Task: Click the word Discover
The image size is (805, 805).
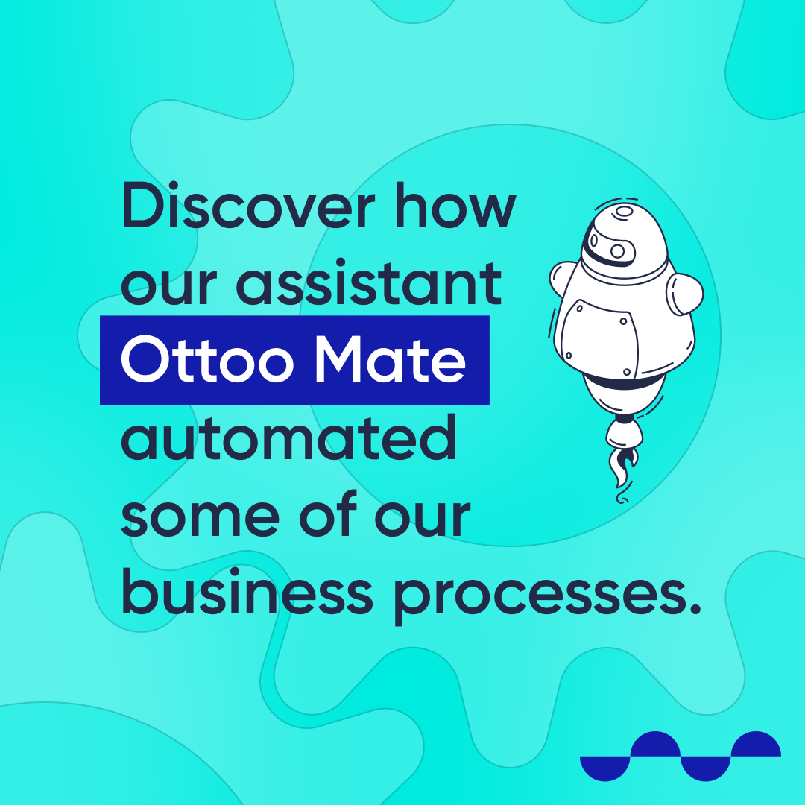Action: click(248, 206)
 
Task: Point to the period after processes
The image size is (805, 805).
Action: click(695, 608)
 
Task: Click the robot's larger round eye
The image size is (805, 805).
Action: click(618, 251)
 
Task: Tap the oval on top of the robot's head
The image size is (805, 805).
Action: click(625, 211)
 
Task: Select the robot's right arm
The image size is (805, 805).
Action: click(685, 294)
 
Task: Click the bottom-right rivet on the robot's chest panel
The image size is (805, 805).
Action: click(626, 372)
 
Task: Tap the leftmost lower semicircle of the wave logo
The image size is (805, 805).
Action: click(604, 768)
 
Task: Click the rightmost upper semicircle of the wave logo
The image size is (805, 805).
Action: click(756, 744)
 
